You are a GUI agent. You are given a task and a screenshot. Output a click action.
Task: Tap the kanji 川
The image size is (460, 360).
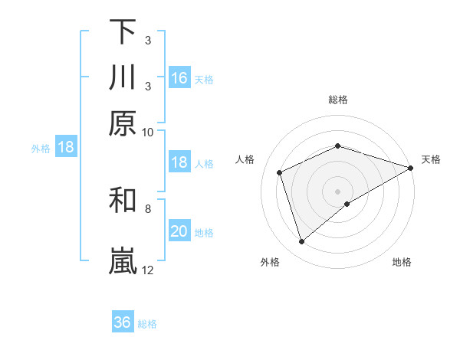tap(123, 77)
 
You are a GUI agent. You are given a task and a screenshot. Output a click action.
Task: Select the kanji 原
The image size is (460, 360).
tap(123, 123)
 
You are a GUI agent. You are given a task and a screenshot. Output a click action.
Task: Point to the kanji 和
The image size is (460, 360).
tap(123, 200)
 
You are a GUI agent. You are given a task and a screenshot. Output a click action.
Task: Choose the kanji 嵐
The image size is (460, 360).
tap(123, 261)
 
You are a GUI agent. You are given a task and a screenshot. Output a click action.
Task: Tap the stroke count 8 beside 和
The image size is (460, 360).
tap(148, 208)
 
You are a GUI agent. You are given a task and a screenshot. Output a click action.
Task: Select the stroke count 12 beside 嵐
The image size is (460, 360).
tap(148, 270)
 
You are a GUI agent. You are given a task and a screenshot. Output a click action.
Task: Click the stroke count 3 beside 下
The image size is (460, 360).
tap(148, 40)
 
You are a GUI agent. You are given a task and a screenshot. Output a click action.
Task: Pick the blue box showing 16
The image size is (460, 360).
tap(179, 77)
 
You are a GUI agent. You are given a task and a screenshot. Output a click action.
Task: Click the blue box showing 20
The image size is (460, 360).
tap(179, 231)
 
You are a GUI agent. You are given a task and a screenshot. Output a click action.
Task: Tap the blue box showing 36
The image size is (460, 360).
tap(123, 322)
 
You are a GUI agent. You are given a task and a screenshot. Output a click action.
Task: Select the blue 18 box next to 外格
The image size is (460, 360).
tap(65, 147)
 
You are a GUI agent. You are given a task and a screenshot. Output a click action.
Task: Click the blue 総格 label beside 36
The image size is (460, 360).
tap(147, 324)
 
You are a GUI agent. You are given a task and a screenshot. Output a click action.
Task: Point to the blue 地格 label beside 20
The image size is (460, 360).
tap(204, 233)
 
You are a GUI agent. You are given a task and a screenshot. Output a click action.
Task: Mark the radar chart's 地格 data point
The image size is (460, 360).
tap(348, 204)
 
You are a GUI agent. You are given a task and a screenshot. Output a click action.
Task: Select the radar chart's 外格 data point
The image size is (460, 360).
tap(302, 242)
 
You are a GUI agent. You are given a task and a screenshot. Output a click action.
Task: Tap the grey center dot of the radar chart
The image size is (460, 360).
tap(337, 191)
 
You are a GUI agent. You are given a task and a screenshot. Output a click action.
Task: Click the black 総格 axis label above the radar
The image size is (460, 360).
tap(337, 100)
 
